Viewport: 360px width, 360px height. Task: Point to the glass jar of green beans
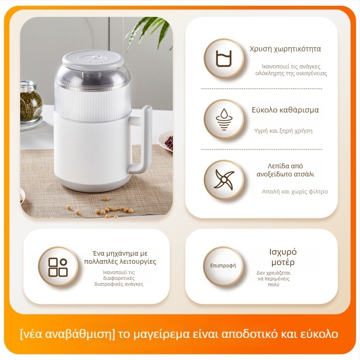(x=30, y=102)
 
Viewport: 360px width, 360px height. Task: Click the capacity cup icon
(x=224, y=58)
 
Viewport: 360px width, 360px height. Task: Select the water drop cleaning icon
(x=224, y=120)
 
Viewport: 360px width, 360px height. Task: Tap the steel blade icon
(x=224, y=180)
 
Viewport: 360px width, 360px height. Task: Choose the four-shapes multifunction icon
(x=58, y=267)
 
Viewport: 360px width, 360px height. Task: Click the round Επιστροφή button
(x=223, y=266)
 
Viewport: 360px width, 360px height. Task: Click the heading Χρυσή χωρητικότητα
(x=285, y=49)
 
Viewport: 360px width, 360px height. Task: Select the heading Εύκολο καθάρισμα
(x=285, y=110)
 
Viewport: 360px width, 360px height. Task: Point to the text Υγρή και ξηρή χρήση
(x=283, y=131)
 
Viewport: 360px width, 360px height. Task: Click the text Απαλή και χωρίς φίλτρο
(x=295, y=192)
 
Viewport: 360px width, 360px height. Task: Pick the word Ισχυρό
(x=283, y=252)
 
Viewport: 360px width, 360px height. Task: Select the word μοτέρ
(x=283, y=262)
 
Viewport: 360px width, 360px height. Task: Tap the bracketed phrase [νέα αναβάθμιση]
(x=67, y=334)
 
